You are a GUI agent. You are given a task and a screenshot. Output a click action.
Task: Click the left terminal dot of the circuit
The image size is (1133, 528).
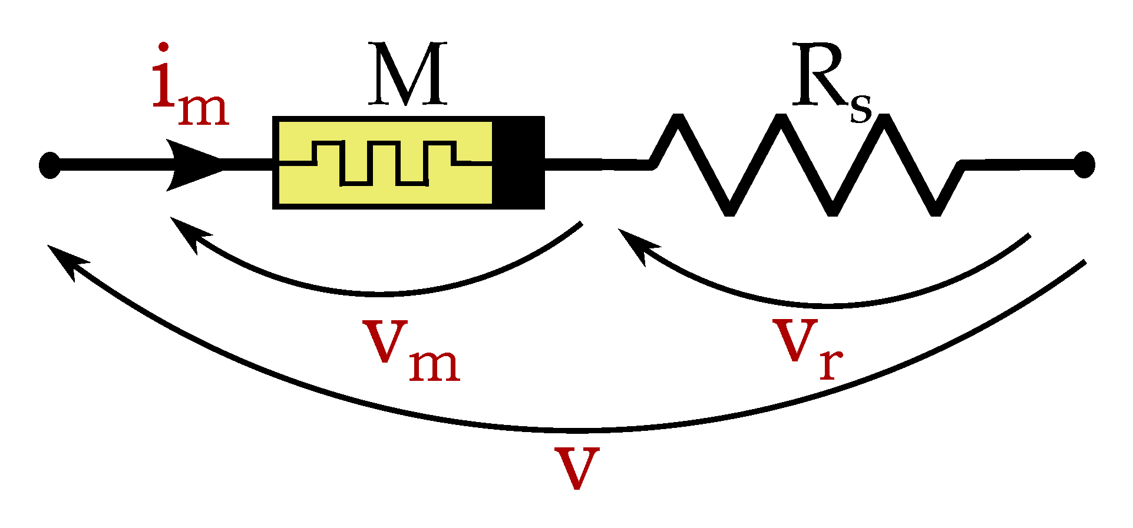pyautogui.click(x=49, y=165)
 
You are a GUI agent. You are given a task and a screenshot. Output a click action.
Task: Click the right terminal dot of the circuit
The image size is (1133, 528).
pyautogui.click(x=1084, y=165)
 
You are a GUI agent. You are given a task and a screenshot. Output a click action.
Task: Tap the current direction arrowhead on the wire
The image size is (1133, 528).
pyautogui.click(x=191, y=165)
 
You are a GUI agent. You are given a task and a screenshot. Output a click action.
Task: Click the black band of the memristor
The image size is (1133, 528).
pyautogui.click(x=518, y=162)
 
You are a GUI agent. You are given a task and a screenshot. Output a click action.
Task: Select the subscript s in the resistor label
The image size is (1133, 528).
pyautogui.click(x=861, y=108)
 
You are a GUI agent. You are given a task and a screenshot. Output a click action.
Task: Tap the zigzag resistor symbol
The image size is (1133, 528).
pyautogui.click(x=807, y=165)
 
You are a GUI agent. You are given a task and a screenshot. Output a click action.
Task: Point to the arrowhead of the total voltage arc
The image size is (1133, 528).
pyautogui.click(x=66, y=259)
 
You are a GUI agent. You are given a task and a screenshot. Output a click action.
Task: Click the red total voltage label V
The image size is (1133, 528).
pyautogui.click(x=577, y=468)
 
